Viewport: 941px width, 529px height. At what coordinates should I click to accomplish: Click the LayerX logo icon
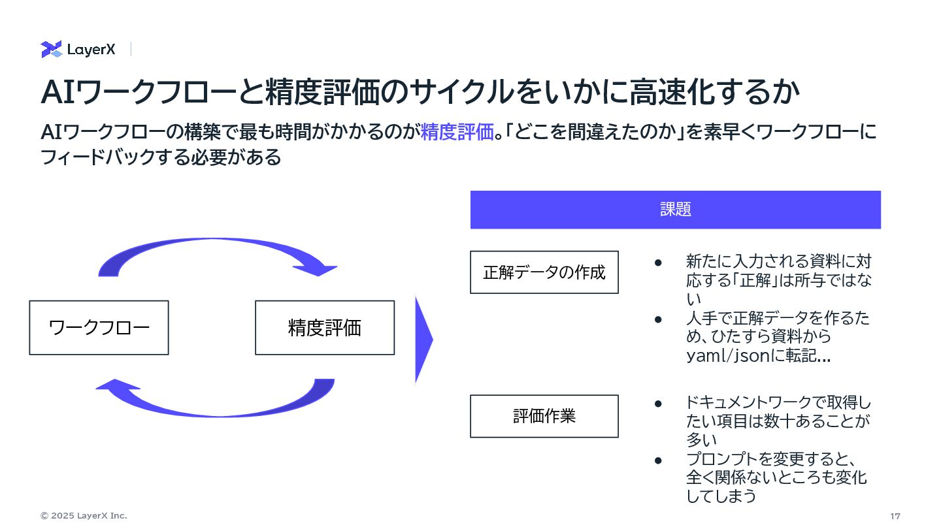[x=51, y=50]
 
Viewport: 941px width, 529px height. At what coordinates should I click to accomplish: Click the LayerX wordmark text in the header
[x=91, y=50]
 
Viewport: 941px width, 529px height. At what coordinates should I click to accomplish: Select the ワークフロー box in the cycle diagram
[x=99, y=328]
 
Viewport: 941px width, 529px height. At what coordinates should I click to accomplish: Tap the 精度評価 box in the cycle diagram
[x=325, y=328]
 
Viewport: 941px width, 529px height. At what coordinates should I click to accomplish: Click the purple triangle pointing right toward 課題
[x=423, y=340]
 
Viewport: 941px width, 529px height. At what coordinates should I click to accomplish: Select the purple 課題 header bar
[x=675, y=210]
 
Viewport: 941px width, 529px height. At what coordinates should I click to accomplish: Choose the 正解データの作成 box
[x=544, y=272]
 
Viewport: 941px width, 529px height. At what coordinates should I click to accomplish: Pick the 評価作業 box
[x=544, y=416]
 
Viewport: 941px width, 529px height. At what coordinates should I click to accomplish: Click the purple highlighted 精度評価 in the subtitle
[x=456, y=132]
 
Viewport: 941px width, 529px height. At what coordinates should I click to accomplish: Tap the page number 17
[x=895, y=516]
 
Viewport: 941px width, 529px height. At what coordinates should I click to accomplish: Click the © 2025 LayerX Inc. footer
[x=84, y=516]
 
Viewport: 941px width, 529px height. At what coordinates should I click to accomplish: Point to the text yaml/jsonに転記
[x=757, y=356]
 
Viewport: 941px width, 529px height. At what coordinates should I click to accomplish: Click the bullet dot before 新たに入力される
[x=659, y=263]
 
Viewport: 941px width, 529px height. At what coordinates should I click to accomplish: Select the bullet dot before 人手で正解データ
[x=659, y=319]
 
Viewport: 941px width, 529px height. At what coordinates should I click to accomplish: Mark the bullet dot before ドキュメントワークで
[x=659, y=404]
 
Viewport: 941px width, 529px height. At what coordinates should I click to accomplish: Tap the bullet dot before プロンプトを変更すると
[x=659, y=460]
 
